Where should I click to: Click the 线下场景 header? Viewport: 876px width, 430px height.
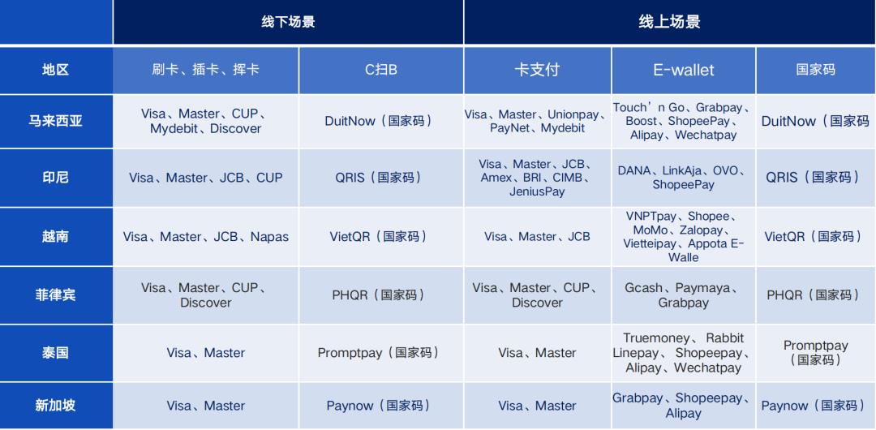(288, 22)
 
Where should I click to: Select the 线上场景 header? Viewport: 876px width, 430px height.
(669, 22)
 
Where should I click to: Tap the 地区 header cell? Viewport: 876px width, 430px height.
(56, 70)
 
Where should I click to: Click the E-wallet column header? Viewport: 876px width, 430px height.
(683, 70)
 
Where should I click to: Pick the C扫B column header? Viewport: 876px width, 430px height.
(381, 70)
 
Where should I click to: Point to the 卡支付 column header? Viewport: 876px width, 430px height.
(537, 70)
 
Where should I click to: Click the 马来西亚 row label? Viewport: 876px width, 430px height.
(56, 121)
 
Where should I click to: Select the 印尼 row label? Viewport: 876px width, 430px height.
(56, 177)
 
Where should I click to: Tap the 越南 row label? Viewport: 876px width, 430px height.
(56, 237)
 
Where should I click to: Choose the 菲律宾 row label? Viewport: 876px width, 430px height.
(56, 295)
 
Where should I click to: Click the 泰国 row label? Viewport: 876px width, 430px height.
(56, 353)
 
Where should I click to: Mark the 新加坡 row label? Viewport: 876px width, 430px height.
(56, 406)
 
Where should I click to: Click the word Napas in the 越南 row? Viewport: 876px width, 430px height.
(269, 237)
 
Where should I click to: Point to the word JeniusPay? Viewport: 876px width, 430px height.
(537, 191)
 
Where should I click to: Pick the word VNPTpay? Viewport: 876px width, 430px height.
(651, 217)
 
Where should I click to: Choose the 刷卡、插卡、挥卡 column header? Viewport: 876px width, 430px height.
(205, 70)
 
